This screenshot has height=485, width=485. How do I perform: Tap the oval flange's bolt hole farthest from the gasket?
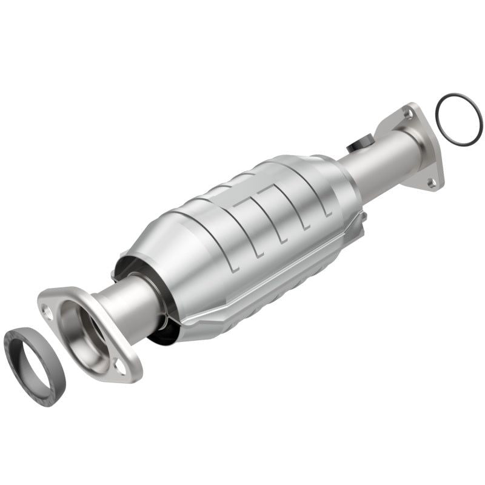click(x=121, y=366)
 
